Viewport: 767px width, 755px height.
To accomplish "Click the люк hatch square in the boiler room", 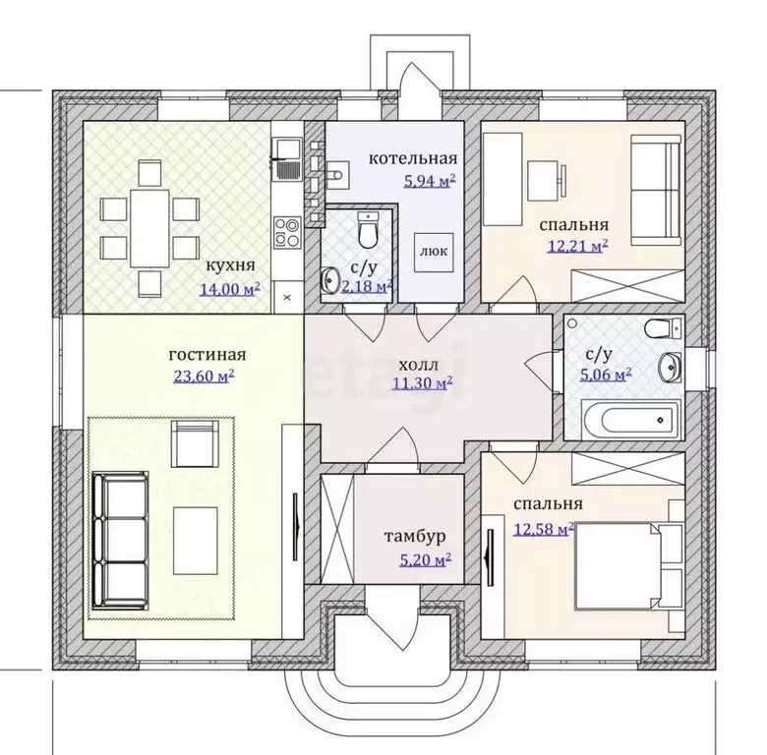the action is (x=435, y=253).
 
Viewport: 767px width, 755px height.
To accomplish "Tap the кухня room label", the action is (x=230, y=265).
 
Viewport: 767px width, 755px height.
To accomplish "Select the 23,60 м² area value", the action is (x=204, y=376).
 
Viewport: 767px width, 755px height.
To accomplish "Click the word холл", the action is (x=418, y=365).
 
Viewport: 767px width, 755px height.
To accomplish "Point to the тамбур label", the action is (x=415, y=537).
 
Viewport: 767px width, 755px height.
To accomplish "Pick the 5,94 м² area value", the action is (x=430, y=181).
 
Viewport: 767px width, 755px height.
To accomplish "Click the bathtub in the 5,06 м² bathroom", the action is (x=631, y=420).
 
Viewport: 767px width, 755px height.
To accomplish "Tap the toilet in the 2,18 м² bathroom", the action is (x=368, y=230).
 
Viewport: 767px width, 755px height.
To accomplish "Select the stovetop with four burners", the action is (x=287, y=232).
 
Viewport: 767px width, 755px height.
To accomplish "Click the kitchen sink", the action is (x=287, y=159).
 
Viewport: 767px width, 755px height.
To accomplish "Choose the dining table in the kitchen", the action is (x=149, y=228).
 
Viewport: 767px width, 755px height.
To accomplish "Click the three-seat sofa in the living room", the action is (x=120, y=541).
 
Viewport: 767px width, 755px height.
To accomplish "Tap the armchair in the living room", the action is (x=194, y=445).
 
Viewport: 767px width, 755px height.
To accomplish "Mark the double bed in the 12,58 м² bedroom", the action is (x=628, y=566).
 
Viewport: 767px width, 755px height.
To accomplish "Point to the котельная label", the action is (x=413, y=159).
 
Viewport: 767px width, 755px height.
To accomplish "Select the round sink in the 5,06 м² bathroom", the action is (x=670, y=367).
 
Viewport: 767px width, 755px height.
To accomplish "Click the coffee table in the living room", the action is (x=195, y=541).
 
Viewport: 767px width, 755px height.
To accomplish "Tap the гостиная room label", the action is (x=207, y=355).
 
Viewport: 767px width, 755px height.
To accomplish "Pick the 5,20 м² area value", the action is (x=425, y=559).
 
